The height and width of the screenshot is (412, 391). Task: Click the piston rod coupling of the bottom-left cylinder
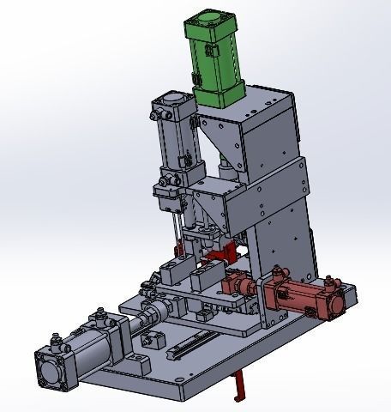(155, 309)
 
